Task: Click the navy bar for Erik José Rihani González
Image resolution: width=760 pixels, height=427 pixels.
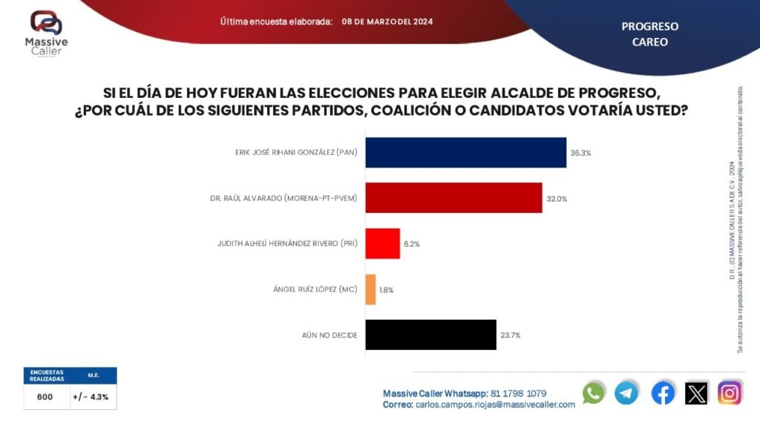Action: tap(466, 153)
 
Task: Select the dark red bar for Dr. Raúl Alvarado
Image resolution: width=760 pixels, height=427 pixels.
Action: tap(454, 198)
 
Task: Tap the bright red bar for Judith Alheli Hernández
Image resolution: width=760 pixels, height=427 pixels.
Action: tap(383, 243)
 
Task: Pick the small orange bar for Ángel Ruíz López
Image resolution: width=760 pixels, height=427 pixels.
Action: tap(371, 289)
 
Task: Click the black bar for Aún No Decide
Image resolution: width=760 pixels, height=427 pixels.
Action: tap(430, 334)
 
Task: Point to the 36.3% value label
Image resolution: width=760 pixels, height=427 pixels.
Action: tap(580, 153)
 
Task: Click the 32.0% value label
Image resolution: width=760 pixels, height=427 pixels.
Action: tap(557, 198)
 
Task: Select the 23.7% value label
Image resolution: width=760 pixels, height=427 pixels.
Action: tap(511, 335)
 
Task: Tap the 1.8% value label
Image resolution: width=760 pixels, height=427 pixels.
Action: tap(387, 290)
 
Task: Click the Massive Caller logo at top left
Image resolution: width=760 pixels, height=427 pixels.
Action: tap(46, 33)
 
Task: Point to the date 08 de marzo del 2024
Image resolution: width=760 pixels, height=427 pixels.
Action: tap(387, 21)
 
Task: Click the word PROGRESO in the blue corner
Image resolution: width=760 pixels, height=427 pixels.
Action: tap(649, 27)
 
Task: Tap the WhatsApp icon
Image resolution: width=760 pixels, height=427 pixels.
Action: tap(594, 393)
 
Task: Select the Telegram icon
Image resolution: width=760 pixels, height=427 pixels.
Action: tap(626, 393)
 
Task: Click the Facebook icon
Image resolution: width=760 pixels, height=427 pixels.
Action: tap(663, 393)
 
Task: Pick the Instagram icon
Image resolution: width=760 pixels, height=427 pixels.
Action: tap(730, 393)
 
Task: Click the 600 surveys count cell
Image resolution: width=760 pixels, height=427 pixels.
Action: tap(45, 397)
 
